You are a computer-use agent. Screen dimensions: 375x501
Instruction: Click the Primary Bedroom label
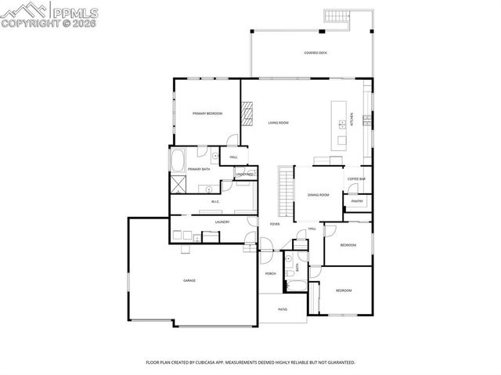click(x=207, y=114)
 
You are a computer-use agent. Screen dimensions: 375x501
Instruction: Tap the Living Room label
click(x=279, y=123)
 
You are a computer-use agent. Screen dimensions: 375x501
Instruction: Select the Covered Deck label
click(x=315, y=53)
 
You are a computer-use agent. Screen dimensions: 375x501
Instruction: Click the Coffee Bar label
click(x=357, y=179)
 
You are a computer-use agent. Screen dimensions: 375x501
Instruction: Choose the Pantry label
click(x=357, y=201)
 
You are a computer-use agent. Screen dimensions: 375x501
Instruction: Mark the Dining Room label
click(x=318, y=195)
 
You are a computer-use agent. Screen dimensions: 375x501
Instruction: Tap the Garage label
click(x=189, y=280)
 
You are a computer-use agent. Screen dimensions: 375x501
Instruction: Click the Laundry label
click(x=211, y=222)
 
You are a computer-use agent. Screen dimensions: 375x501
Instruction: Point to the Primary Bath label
click(x=199, y=169)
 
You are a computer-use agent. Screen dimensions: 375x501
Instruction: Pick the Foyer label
click(x=275, y=224)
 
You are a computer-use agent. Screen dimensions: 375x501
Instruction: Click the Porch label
click(x=271, y=273)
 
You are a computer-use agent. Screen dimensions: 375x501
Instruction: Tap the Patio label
click(x=282, y=309)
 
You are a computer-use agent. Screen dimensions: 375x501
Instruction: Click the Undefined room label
click(x=245, y=174)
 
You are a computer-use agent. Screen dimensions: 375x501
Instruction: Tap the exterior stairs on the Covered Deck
click(x=337, y=16)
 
